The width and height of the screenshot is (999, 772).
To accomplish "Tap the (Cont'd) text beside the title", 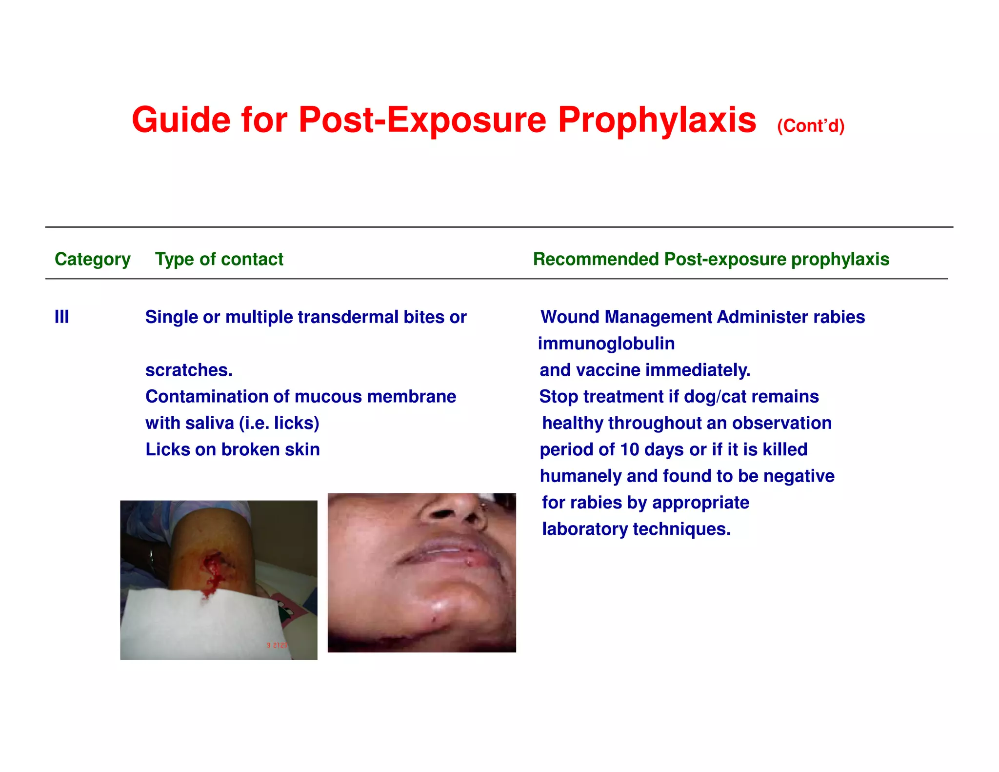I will pos(810,126).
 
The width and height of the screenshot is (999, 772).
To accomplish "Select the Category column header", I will pos(92,259).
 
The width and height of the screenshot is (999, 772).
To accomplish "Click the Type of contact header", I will pos(219,259).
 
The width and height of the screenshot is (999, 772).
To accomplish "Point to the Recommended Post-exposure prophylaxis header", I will pos(711,259).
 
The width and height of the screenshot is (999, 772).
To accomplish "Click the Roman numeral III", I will pos(61,317).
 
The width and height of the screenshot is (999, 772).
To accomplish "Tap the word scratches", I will pos(189,370).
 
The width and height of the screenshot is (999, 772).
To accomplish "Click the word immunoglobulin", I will pos(606,344).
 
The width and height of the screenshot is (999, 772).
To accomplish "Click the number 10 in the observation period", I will pos(629,449).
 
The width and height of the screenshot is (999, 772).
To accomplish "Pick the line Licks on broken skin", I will pos(233,449).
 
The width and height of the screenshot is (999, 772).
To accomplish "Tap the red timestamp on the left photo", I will pos(277,645).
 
